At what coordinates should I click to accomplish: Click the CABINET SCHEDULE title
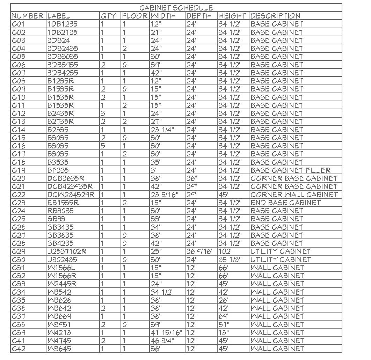point(176,8)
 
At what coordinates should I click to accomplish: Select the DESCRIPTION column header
point(275,16)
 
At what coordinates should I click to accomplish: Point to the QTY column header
point(108,16)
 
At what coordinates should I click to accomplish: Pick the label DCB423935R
point(70,186)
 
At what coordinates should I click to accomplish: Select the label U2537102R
point(67,251)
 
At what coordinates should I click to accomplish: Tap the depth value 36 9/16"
point(199,251)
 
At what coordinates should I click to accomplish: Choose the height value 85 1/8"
point(230,260)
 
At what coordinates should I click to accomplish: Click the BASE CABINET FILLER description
point(290,170)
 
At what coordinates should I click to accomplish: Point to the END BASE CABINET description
point(285,203)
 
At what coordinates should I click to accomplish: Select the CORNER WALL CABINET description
point(294,195)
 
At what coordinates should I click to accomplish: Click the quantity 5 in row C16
point(103,146)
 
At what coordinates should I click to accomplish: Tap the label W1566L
point(61,268)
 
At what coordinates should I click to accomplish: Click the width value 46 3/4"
point(162,341)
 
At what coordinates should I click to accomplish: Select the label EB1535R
point(63,203)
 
